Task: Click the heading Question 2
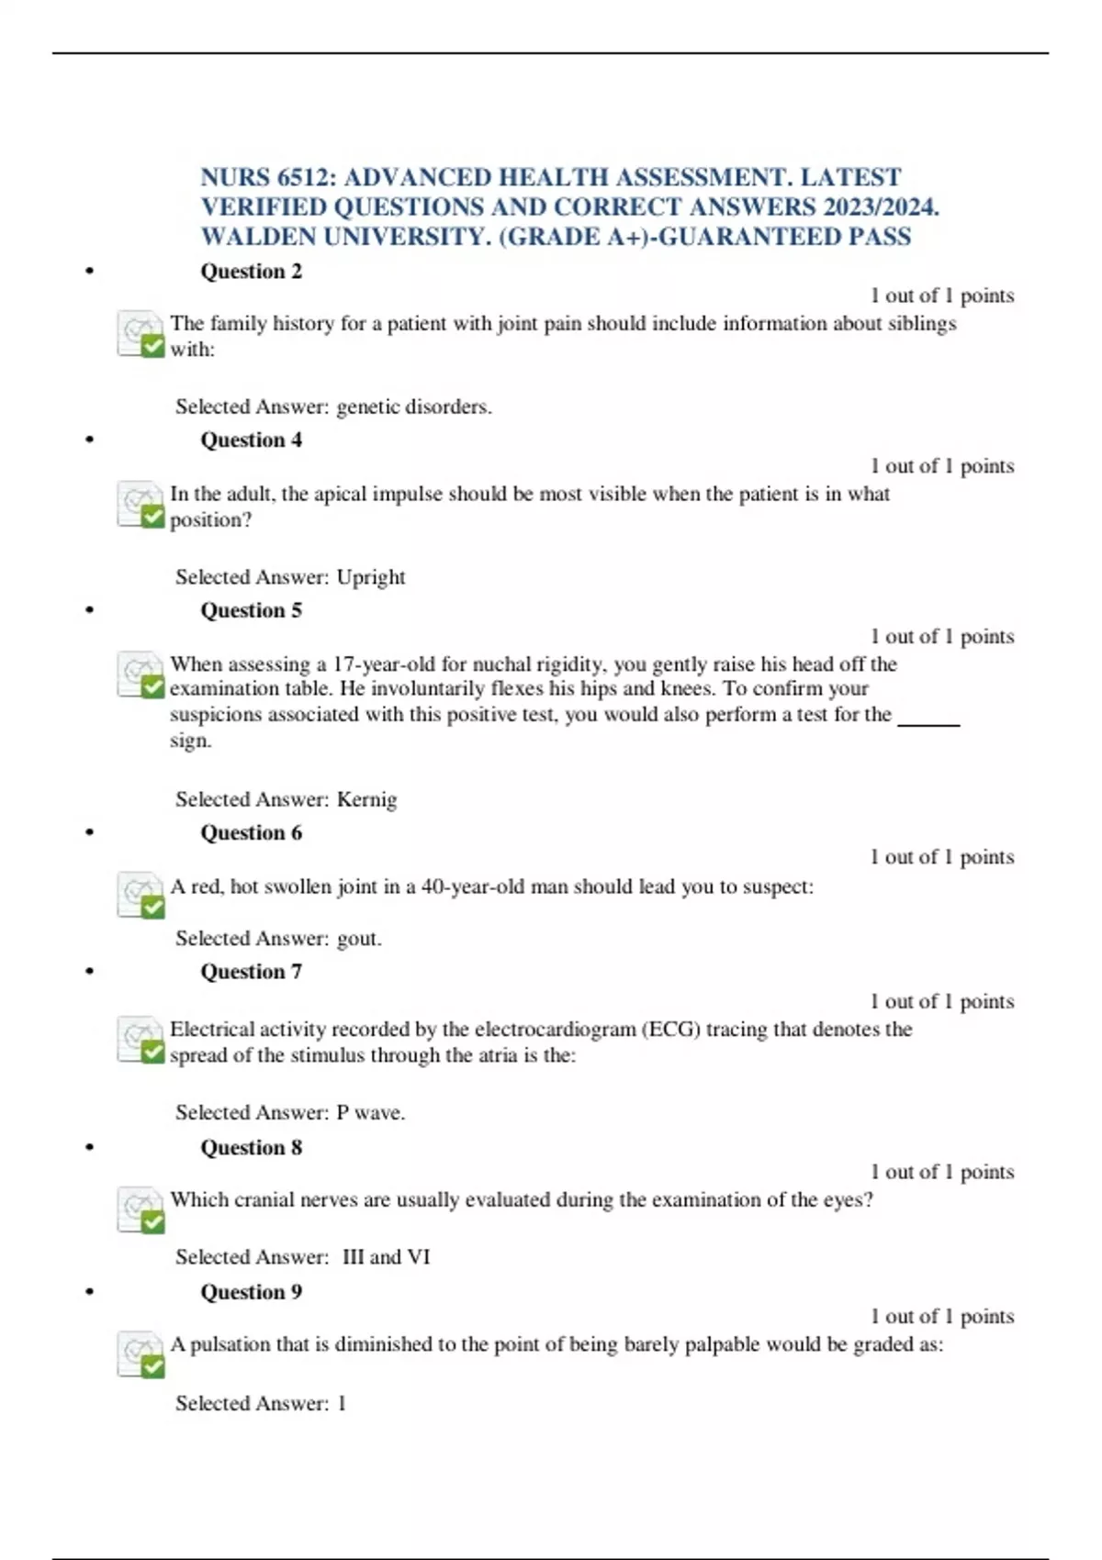point(251,272)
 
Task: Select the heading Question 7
point(251,972)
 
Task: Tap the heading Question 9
point(251,1292)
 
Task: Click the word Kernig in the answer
point(366,799)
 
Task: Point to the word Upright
point(371,577)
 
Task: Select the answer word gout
point(359,939)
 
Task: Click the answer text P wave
point(370,1113)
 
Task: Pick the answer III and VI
point(386,1257)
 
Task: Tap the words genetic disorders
point(414,407)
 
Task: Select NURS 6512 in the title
point(266,177)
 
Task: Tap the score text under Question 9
point(942,1317)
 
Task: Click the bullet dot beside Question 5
point(89,610)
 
